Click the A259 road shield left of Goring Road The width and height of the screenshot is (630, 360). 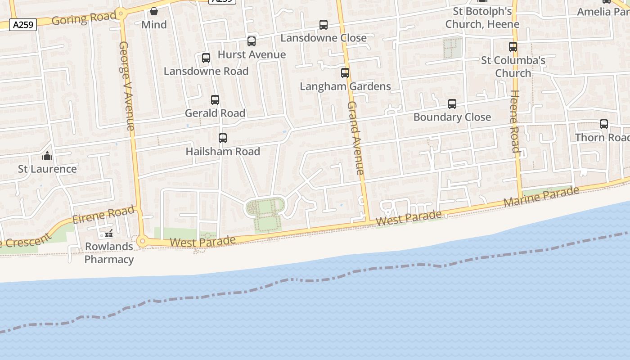(x=23, y=25)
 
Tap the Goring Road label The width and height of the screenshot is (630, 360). (x=84, y=19)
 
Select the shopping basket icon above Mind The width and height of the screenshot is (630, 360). (x=154, y=11)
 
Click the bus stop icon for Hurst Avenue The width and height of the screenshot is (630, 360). (x=252, y=41)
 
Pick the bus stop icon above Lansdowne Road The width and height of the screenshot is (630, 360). (x=206, y=58)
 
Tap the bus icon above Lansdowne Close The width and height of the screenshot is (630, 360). (x=324, y=25)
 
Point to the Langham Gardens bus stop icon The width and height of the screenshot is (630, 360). (x=345, y=73)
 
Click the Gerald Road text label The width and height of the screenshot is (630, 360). (x=215, y=113)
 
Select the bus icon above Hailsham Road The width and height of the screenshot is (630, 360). (x=223, y=138)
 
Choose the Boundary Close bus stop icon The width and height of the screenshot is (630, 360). (x=452, y=104)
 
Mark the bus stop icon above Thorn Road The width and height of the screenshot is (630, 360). (x=604, y=124)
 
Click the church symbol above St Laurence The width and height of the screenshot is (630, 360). (x=47, y=156)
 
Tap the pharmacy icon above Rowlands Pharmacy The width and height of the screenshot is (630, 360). (x=108, y=234)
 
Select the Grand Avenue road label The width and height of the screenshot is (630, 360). (x=355, y=138)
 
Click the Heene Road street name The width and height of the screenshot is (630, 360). (x=514, y=121)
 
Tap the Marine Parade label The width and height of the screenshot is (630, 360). (x=541, y=197)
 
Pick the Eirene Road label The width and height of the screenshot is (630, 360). (x=103, y=215)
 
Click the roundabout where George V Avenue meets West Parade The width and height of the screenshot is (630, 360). (x=143, y=242)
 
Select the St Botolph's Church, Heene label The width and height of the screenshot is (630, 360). (x=482, y=18)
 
